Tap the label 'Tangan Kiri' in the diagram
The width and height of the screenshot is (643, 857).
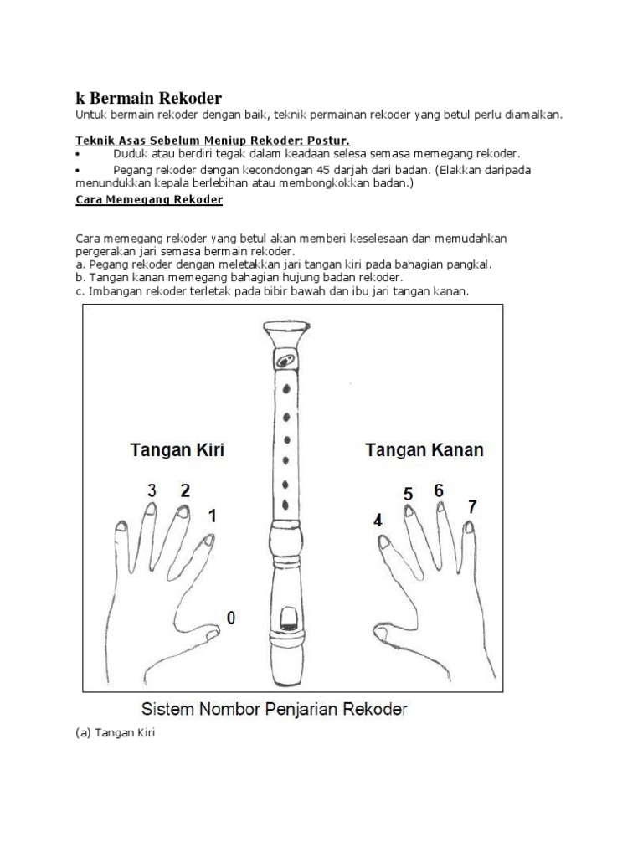(177, 449)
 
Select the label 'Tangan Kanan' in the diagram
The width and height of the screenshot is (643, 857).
(424, 449)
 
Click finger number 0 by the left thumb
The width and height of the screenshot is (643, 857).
(230, 618)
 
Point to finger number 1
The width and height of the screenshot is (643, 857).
(213, 516)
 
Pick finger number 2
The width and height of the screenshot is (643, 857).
(185, 490)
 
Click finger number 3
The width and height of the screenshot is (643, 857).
(152, 491)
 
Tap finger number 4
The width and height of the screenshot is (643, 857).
(378, 520)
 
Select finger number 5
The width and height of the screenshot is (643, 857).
(408, 494)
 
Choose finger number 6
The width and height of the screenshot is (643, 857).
(438, 490)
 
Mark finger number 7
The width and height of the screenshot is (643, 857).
(473, 506)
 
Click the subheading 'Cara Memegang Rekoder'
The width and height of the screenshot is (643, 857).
(148, 200)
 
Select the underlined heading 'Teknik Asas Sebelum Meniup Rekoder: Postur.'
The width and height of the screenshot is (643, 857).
(212, 140)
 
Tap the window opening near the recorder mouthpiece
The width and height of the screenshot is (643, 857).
(286, 619)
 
